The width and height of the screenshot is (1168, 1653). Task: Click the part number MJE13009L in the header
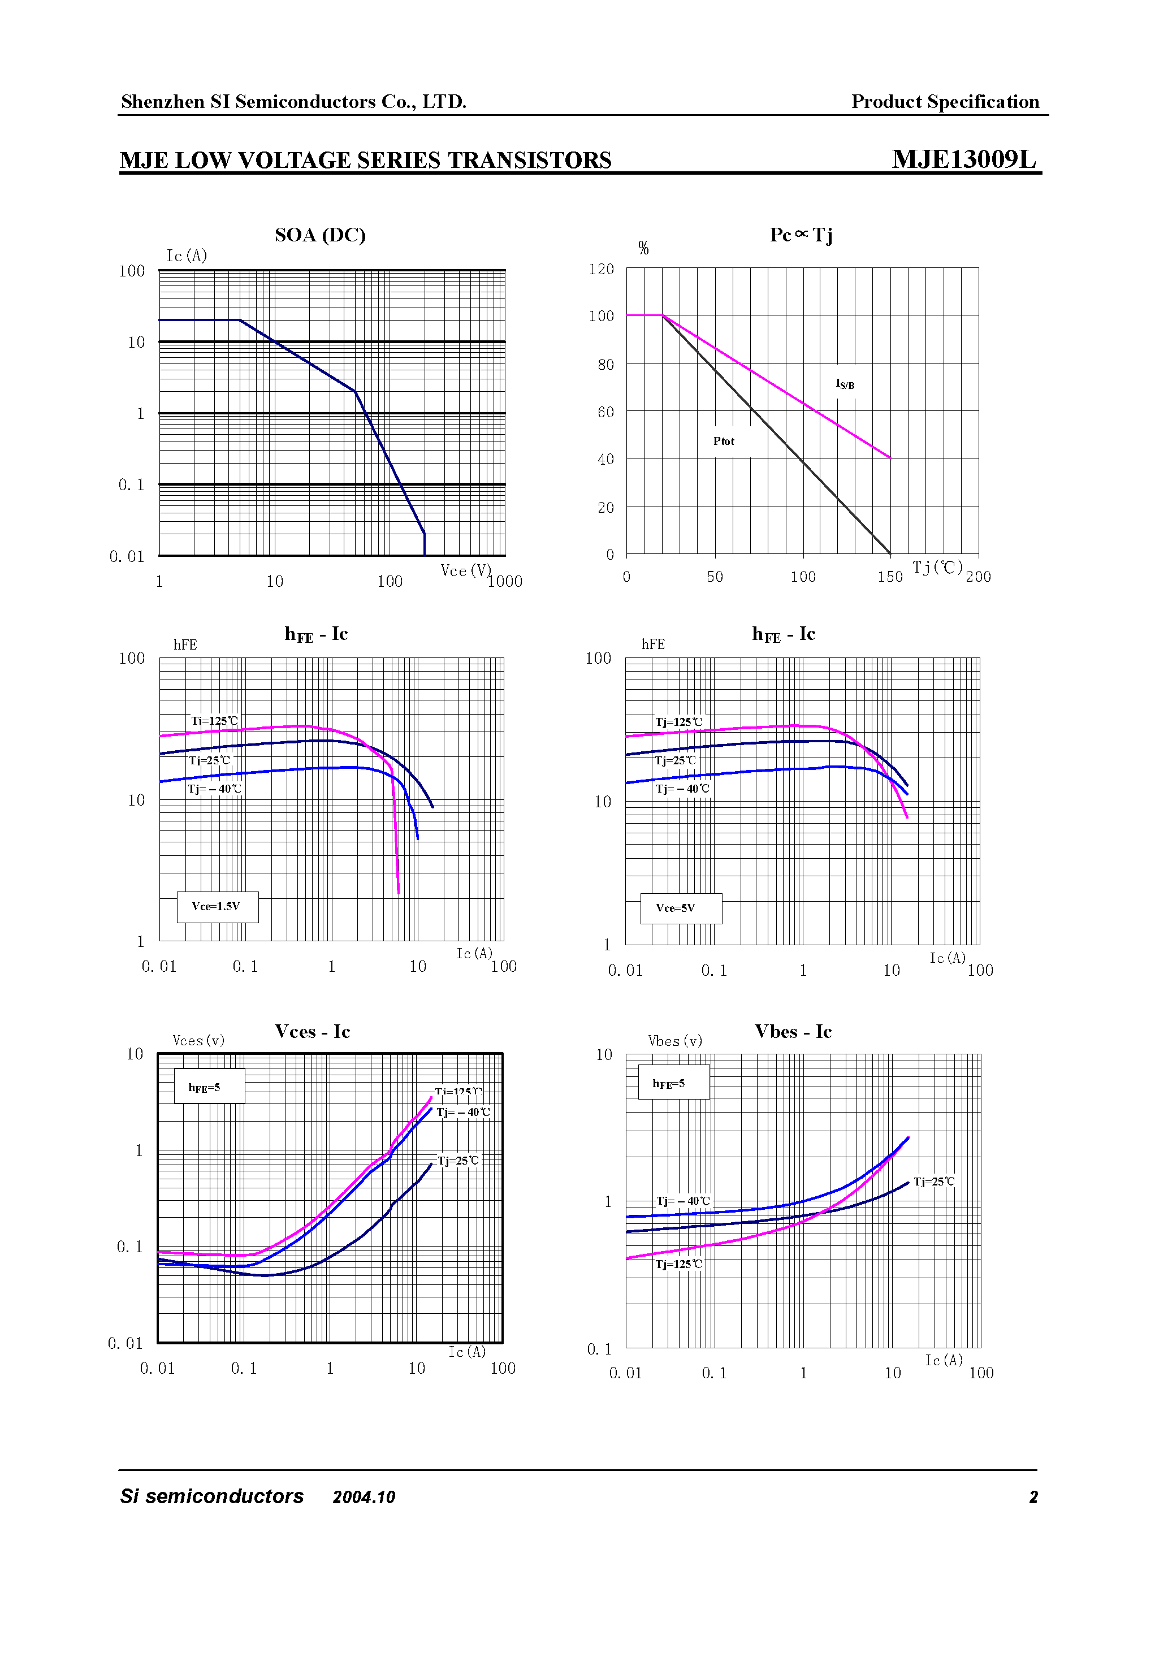(x=963, y=159)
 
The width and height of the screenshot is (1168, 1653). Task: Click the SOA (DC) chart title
(x=320, y=235)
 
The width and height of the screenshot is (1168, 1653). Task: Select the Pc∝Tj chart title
(x=801, y=235)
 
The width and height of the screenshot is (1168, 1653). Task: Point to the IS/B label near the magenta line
(x=845, y=384)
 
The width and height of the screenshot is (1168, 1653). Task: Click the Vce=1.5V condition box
(x=217, y=906)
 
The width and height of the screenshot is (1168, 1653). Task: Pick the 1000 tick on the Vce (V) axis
(x=505, y=582)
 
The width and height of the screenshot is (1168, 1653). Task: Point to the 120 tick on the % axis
(x=602, y=269)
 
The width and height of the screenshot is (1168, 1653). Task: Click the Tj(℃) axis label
(x=937, y=568)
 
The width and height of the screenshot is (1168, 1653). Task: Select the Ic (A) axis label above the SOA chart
(x=187, y=256)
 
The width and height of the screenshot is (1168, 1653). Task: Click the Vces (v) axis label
(x=199, y=1040)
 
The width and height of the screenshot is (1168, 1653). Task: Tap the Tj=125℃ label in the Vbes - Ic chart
(x=678, y=1264)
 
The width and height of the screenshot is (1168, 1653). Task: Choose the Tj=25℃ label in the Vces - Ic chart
(x=458, y=1161)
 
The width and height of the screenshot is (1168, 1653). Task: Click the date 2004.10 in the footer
(x=364, y=1498)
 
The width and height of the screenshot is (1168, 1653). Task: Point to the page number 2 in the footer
(x=1033, y=1498)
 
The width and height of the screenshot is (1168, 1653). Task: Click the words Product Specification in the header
(x=945, y=102)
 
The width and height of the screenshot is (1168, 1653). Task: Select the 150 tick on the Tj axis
(x=889, y=577)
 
